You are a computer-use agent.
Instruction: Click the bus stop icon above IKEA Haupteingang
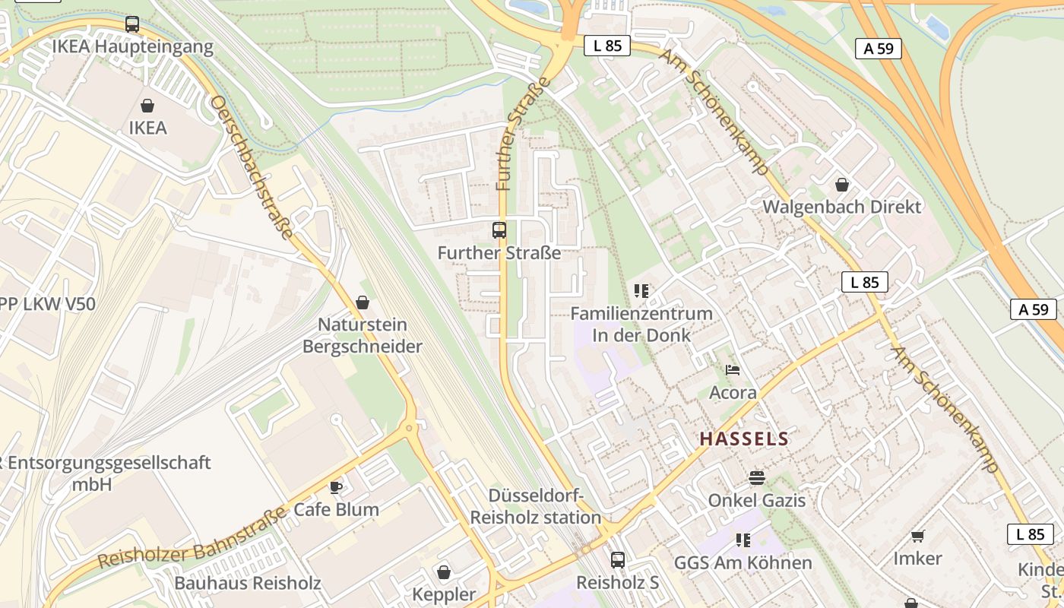pyautogui.click(x=132, y=24)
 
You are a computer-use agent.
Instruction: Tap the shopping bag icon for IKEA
pyautogui.click(x=147, y=106)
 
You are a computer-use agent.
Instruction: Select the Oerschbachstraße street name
pyautogui.click(x=252, y=166)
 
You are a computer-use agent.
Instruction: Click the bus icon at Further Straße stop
pyautogui.click(x=499, y=230)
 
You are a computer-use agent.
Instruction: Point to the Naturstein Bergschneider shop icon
pyautogui.click(x=363, y=302)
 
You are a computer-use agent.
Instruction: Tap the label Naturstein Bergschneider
pyautogui.click(x=362, y=336)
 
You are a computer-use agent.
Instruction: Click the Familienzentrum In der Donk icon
pyautogui.click(x=641, y=290)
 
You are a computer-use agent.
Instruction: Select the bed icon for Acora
pyautogui.click(x=733, y=370)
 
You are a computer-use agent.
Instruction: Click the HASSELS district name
pyautogui.click(x=744, y=439)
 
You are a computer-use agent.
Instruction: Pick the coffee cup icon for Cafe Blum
pyautogui.click(x=336, y=487)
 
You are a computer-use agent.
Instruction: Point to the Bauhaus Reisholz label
pyautogui.click(x=248, y=584)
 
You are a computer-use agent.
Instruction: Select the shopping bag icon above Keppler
pyautogui.click(x=444, y=572)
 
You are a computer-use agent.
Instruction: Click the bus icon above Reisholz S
pyautogui.click(x=618, y=559)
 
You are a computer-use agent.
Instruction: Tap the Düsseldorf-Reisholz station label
pyautogui.click(x=536, y=507)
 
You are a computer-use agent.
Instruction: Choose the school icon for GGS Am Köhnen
pyautogui.click(x=743, y=540)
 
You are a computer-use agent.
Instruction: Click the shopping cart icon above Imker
pyautogui.click(x=917, y=536)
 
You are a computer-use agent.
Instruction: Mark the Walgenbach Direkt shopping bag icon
pyautogui.click(x=841, y=184)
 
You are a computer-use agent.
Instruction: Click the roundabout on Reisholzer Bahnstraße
pyautogui.click(x=411, y=428)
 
